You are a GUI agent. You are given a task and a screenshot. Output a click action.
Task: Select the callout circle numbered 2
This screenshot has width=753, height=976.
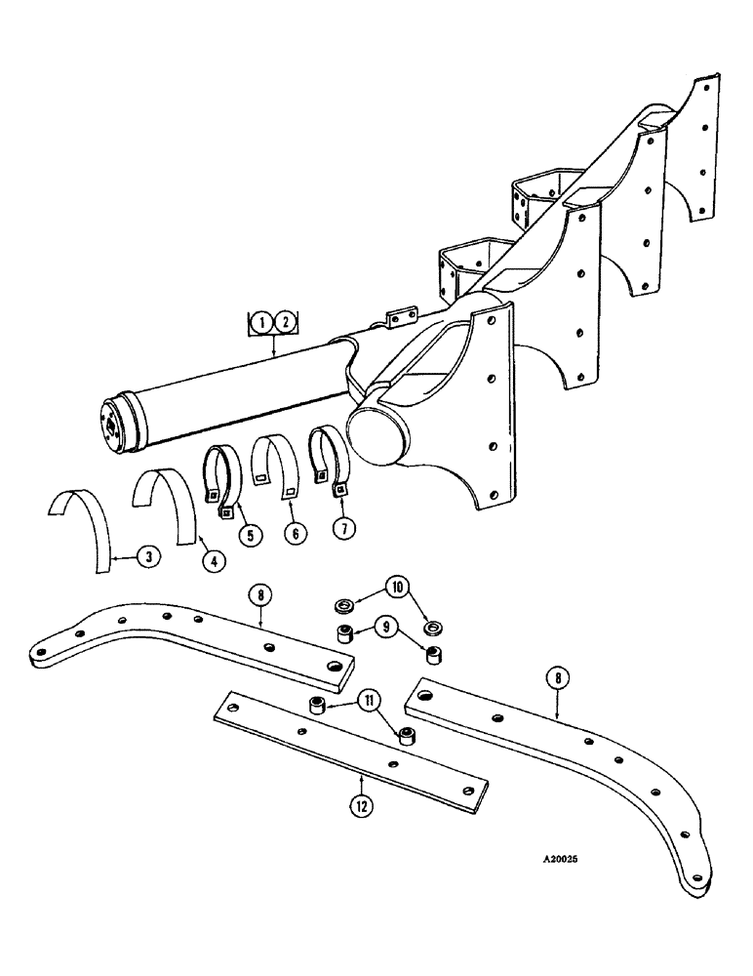pyautogui.click(x=285, y=320)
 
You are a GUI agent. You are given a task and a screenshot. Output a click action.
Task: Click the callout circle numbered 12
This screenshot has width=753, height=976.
pyautogui.click(x=361, y=805)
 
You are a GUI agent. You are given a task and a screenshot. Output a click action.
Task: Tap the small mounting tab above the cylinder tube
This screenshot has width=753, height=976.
pyautogui.click(x=398, y=319)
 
